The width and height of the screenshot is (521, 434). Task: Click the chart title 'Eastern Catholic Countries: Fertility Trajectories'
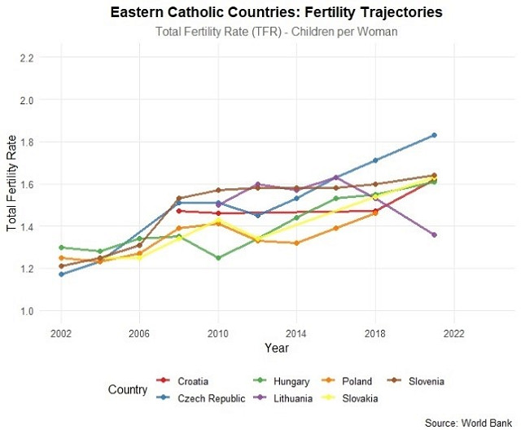[x=276, y=13]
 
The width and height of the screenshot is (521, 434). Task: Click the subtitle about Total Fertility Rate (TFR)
[x=276, y=32]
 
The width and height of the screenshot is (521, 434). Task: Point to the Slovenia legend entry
[x=425, y=381]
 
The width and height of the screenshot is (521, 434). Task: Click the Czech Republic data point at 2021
[x=434, y=135]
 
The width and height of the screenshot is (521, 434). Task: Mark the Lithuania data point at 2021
[x=434, y=235]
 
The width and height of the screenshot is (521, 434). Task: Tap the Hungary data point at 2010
[x=218, y=257]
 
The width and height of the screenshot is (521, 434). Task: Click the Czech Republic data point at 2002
[x=61, y=274]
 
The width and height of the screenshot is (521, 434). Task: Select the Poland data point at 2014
[x=296, y=243]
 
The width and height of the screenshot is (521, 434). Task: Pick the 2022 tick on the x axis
[x=453, y=333]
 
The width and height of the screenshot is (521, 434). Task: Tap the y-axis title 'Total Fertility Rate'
[x=11, y=184]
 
